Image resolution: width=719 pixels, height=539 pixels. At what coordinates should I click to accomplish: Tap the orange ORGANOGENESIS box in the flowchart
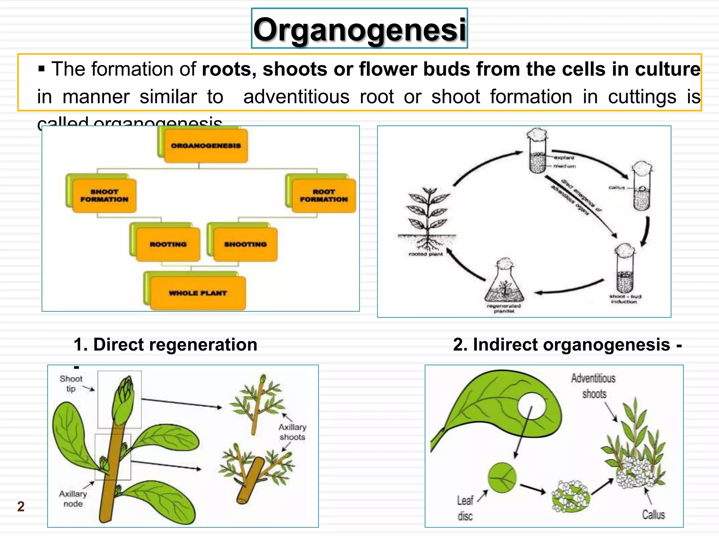tap(206, 146)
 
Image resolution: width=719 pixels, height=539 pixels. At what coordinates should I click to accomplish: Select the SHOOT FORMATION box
tap(104, 195)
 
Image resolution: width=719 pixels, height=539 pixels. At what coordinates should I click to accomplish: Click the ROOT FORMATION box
tap(324, 195)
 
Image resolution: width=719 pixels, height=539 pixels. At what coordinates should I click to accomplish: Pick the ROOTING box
tap(168, 244)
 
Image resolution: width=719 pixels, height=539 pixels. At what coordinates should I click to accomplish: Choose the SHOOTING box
tap(245, 244)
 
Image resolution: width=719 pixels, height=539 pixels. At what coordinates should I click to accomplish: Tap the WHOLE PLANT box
tap(198, 293)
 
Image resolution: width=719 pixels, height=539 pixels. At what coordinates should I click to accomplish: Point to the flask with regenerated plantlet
tap(504, 284)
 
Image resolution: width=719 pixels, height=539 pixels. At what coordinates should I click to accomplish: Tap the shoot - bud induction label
tap(625, 299)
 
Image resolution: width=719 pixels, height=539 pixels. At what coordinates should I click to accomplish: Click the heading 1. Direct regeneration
tap(165, 345)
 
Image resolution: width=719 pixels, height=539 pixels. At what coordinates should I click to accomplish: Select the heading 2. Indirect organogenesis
tap(567, 345)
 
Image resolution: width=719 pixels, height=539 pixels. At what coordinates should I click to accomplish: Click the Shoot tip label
tap(71, 384)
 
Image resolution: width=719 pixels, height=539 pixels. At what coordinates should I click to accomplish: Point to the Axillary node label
tap(73, 499)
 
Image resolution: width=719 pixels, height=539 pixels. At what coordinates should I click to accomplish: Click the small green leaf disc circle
tap(502, 478)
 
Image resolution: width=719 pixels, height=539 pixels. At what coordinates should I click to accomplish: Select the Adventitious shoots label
tap(593, 386)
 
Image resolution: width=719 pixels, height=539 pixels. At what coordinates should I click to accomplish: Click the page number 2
tap(21, 506)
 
